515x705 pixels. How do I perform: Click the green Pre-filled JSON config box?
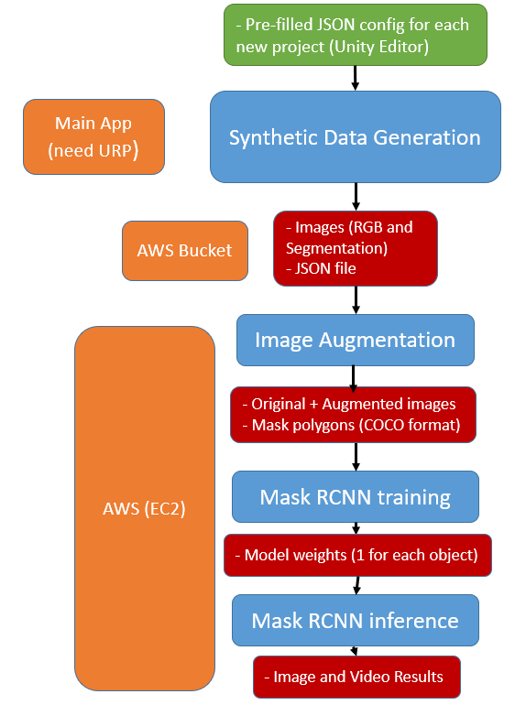[x=356, y=35]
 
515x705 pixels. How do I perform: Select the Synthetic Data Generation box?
[x=355, y=137]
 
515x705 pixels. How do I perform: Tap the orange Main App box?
[x=93, y=136]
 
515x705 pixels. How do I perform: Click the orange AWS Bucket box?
[x=185, y=250]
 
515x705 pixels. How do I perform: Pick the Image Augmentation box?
[x=355, y=340]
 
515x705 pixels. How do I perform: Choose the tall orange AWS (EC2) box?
[x=144, y=508]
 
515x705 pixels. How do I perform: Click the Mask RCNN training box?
[x=355, y=497]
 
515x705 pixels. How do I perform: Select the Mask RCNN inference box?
[x=355, y=621]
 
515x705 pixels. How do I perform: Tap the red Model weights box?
[x=357, y=556]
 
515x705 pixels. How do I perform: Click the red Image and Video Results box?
[x=356, y=678]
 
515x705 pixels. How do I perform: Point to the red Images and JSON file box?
[x=355, y=248]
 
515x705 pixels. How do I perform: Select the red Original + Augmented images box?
[x=353, y=414]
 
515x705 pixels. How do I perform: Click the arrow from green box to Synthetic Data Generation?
[x=356, y=78]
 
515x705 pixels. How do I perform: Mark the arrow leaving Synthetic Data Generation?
[x=356, y=196]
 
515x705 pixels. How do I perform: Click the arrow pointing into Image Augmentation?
[x=356, y=299]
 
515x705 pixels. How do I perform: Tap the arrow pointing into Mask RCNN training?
[x=356, y=456]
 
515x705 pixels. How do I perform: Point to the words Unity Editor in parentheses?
[x=377, y=47]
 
